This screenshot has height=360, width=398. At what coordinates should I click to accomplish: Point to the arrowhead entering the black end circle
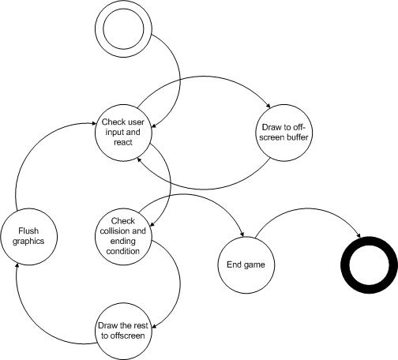358,234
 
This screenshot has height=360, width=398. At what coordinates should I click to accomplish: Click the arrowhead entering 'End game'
242,234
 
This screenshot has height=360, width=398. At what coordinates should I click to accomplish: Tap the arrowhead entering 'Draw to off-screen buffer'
268,105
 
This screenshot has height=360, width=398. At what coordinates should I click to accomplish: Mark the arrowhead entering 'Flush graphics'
17,268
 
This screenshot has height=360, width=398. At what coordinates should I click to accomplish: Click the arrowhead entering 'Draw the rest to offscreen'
155,326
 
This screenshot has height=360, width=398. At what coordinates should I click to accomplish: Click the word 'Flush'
28,231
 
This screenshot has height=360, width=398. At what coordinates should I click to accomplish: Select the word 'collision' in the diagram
112,231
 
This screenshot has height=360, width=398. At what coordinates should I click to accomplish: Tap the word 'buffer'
297,137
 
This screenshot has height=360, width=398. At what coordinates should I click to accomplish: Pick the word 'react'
123,142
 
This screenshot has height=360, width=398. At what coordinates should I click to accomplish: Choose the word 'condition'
123,251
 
